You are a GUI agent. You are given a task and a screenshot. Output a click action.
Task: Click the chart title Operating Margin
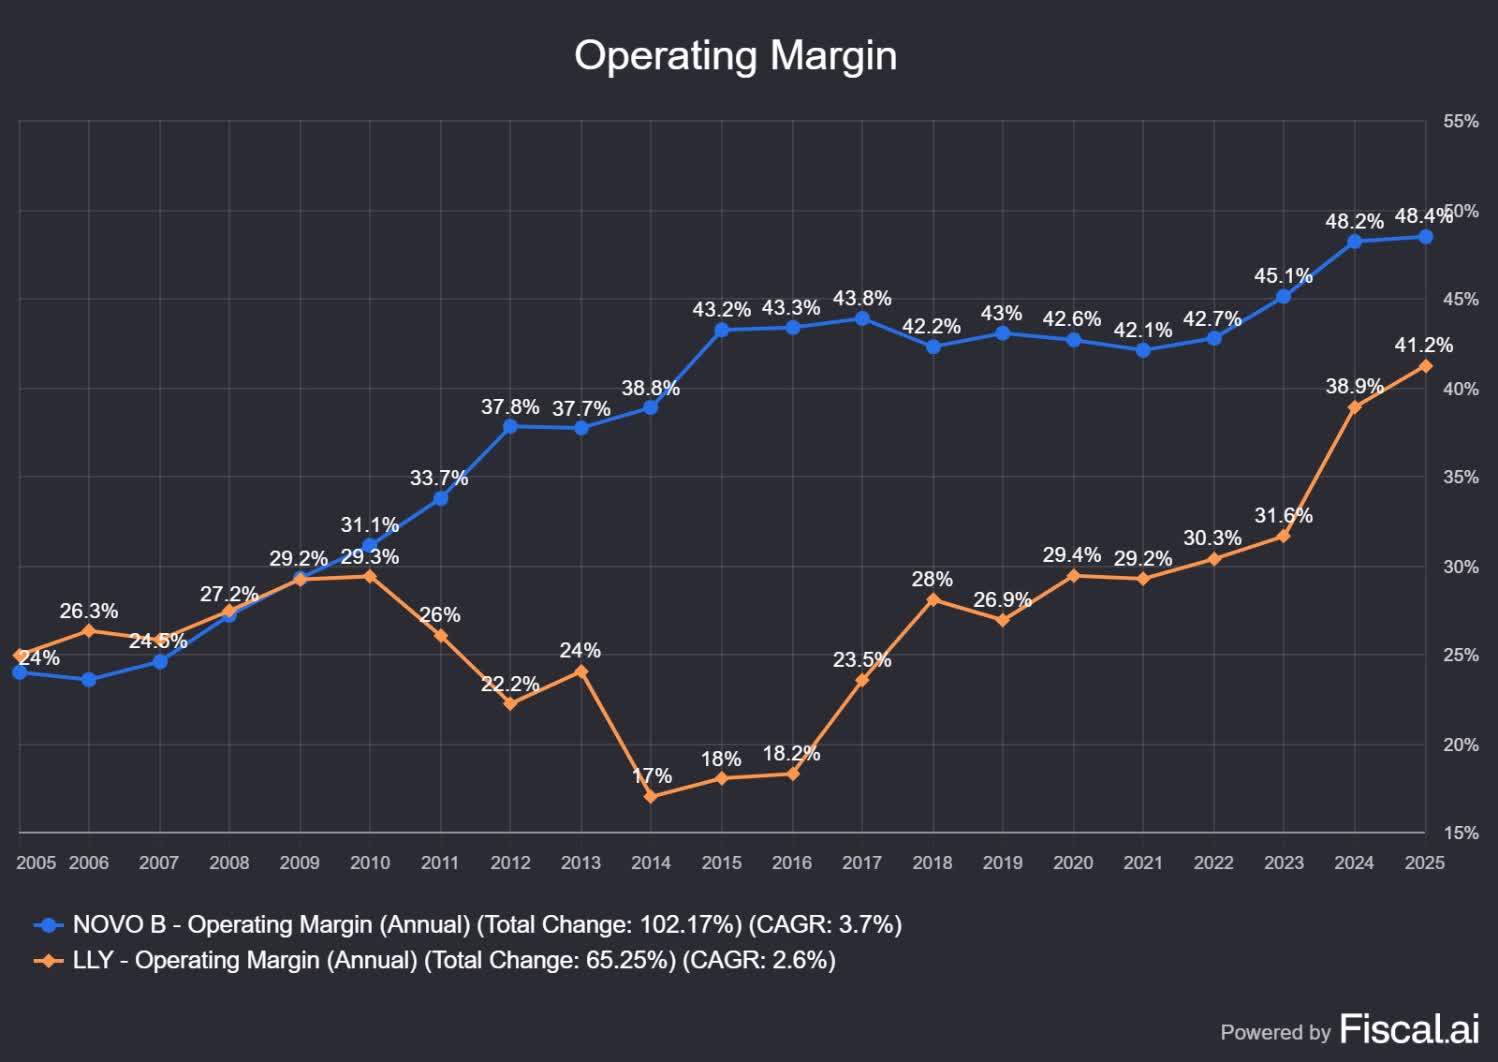point(735,56)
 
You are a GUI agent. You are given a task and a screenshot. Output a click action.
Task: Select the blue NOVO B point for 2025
point(1425,237)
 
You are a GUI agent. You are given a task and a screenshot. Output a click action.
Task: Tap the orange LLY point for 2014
point(651,796)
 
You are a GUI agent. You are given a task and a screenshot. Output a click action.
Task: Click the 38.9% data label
point(1354,386)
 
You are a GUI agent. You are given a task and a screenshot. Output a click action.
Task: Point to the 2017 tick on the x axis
point(862,863)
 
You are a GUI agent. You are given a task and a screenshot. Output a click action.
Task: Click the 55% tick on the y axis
point(1460,121)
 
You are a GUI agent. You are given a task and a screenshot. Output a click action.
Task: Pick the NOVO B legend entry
point(467,924)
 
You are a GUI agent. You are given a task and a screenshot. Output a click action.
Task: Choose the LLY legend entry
point(434,960)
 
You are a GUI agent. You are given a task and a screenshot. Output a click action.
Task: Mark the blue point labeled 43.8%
point(862,318)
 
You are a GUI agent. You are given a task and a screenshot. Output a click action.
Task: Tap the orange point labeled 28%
point(933,599)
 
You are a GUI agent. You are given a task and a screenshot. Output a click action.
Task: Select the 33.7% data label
point(439,478)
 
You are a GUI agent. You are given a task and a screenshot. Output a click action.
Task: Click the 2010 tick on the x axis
point(370,863)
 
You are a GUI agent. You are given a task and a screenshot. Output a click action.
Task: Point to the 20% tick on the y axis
point(1460,745)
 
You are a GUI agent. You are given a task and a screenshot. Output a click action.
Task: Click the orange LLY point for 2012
point(510,703)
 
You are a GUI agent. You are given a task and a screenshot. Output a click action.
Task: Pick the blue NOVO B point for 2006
point(89,680)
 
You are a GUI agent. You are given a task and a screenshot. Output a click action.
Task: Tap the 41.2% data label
point(1423,345)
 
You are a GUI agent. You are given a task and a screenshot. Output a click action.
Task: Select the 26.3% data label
point(89,611)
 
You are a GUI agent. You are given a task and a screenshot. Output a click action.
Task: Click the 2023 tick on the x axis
point(1284,863)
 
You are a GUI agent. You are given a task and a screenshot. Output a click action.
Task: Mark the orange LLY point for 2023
point(1284,536)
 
